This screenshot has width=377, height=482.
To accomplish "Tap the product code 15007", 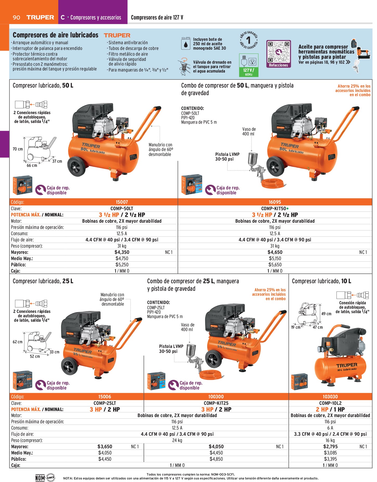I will point(122,202).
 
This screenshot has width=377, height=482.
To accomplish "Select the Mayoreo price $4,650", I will point(275,252).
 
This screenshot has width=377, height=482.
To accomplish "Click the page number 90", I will point(16,17).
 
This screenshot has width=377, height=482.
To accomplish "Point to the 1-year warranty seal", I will point(248,40).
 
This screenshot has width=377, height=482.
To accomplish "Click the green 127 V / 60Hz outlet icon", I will point(249,65).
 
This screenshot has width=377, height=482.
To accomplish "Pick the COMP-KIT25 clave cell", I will point(216,403).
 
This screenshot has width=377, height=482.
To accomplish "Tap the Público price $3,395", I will point(330,459).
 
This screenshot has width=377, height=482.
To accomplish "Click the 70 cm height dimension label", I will point(18,149).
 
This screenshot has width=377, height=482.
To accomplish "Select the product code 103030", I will point(330,397).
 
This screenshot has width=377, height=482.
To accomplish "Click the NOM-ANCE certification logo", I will point(45,477).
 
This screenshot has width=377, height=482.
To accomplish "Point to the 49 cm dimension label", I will point(326,314).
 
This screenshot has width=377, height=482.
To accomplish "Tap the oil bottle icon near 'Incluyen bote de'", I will point(185,43).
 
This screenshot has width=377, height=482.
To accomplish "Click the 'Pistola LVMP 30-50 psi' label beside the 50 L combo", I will point(227,156).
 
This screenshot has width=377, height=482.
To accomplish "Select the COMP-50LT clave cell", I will point(122,208).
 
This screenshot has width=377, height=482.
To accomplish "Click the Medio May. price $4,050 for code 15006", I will point(105,453).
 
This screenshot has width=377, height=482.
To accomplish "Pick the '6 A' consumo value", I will point(330,428).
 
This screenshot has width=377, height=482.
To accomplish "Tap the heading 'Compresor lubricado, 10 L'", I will point(321,281).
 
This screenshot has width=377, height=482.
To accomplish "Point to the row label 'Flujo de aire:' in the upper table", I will point(22,240).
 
